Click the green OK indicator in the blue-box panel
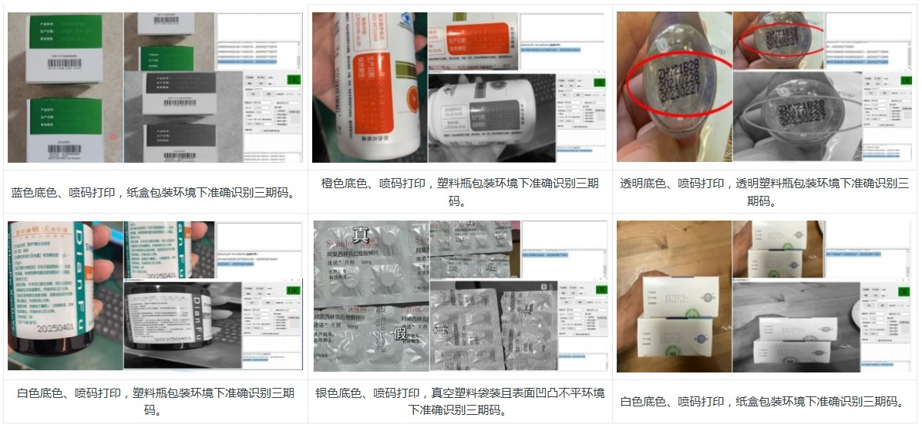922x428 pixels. tap(294, 79)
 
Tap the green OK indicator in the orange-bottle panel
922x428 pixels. tap(597, 79)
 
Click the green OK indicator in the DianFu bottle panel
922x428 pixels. tap(294, 290)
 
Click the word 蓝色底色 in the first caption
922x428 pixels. tap(35, 192)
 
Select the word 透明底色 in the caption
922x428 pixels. tap(644, 184)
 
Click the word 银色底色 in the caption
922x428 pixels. tap(340, 394)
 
